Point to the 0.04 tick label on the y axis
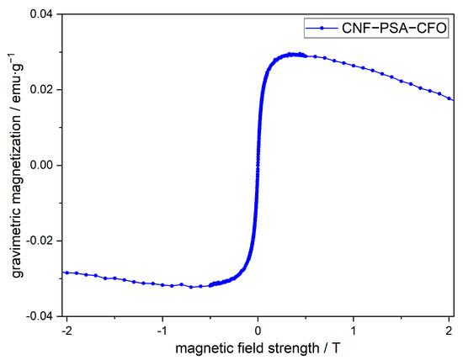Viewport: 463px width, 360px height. point(40,14)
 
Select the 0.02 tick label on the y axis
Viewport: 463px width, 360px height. point(40,90)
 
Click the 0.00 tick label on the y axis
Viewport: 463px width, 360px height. point(40,166)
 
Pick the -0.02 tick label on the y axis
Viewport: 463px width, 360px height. point(38,241)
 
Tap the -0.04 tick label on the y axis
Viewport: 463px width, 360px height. point(38,317)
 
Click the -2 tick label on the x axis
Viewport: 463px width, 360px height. point(66,331)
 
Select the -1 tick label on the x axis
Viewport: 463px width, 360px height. point(162,331)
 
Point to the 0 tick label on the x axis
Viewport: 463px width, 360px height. point(258,331)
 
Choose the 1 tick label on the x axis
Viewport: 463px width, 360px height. point(354,331)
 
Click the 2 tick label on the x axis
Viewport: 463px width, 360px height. point(450,331)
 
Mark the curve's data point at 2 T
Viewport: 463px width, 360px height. point(450,98)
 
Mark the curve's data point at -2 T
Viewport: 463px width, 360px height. point(67,273)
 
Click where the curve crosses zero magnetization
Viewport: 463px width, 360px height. point(258,166)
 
